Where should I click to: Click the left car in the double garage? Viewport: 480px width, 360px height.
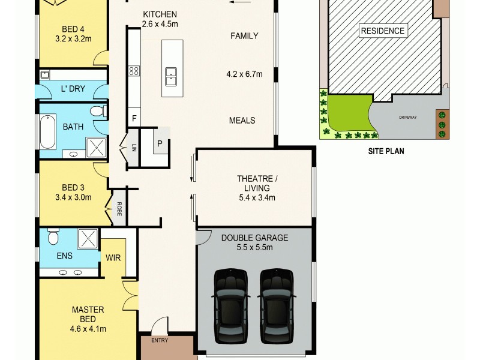[231, 306]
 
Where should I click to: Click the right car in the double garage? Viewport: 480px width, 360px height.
[276, 306]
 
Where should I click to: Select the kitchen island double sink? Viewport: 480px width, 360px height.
[171, 74]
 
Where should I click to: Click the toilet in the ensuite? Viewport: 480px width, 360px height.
[52, 238]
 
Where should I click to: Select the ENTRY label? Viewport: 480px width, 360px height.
[160, 340]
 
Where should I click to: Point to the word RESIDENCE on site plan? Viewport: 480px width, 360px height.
[382, 31]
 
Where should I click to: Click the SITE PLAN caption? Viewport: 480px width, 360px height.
[386, 152]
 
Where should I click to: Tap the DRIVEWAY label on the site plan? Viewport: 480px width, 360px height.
[408, 117]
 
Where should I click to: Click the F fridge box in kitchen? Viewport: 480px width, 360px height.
[134, 119]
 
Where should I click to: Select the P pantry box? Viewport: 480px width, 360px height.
[160, 143]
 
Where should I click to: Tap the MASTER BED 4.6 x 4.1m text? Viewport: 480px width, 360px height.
[88, 319]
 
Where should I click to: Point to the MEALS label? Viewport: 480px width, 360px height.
[242, 120]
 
